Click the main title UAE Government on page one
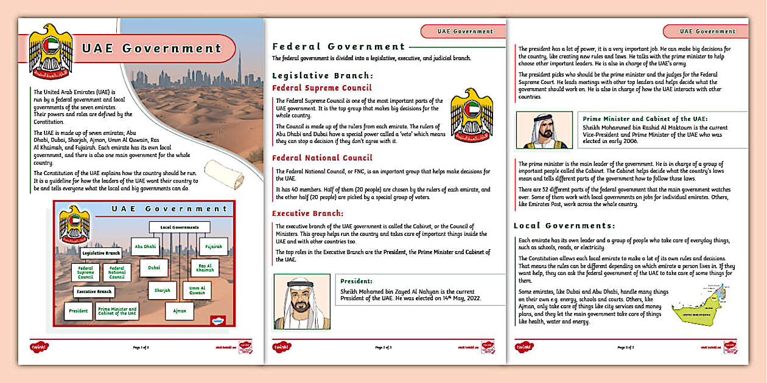pyautogui.click(x=152, y=48)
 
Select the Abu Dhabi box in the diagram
pyautogui.click(x=145, y=246)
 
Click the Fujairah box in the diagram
pyautogui.click(x=213, y=246)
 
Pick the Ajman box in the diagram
pyautogui.click(x=179, y=311)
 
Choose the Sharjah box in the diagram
pyautogui.click(x=162, y=290)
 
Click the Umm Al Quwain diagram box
pyautogui.click(x=197, y=290)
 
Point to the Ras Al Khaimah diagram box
pyautogui.click(x=206, y=268)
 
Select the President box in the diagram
pyautogui.click(x=78, y=311)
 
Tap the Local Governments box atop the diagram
pyautogui.click(x=179, y=227)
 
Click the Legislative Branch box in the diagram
pyautogui.click(x=100, y=253)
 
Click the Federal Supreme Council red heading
pyautogui.click(x=321, y=88)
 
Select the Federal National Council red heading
pyautogui.click(x=322, y=158)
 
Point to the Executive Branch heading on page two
pyautogui.click(x=307, y=213)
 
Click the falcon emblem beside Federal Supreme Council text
pyautogui.click(x=471, y=116)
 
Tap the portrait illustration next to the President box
pyautogui.click(x=302, y=302)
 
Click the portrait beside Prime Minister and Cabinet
pyautogui.click(x=544, y=130)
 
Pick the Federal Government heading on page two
pyautogui.click(x=338, y=46)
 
